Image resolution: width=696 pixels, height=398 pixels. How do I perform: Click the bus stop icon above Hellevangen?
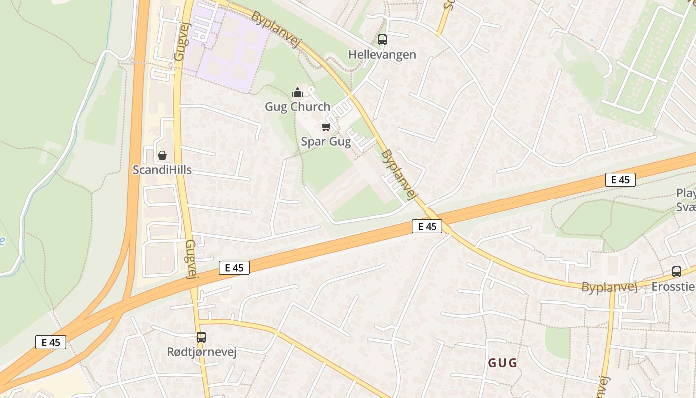click(382, 40)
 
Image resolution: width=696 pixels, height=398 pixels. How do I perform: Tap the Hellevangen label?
click(382, 54)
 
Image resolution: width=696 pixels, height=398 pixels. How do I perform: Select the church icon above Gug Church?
click(298, 92)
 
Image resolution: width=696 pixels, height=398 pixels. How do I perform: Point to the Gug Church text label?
click(297, 106)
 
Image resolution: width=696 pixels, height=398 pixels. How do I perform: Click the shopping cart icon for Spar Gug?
click(326, 127)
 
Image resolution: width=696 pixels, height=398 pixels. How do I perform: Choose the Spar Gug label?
click(326, 142)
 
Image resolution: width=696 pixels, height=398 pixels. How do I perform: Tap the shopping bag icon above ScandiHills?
click(162, 155)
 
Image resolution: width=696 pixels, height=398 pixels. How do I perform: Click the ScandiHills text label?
click(162, 170)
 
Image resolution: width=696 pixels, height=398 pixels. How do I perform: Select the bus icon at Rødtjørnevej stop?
click(201, 337)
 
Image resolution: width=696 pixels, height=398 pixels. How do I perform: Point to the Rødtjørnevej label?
click(201, 352)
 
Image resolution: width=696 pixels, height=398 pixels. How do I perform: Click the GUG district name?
click(502, 363)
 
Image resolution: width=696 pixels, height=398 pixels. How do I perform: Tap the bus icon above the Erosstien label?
click(677, 272)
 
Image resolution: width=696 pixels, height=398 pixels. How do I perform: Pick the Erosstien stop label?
click(674, 286)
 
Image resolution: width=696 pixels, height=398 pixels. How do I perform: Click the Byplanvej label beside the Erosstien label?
click(609, 287)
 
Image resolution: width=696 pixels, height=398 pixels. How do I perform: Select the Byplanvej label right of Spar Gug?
click(398, 175)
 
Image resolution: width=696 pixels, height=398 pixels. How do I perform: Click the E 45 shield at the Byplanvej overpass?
click(427, 226)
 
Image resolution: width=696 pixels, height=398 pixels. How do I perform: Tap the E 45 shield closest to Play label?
click(620, 180)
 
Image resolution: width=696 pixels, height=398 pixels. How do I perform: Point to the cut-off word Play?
click(686, 193)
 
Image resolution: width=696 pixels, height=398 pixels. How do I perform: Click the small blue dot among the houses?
click(591, 40)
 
